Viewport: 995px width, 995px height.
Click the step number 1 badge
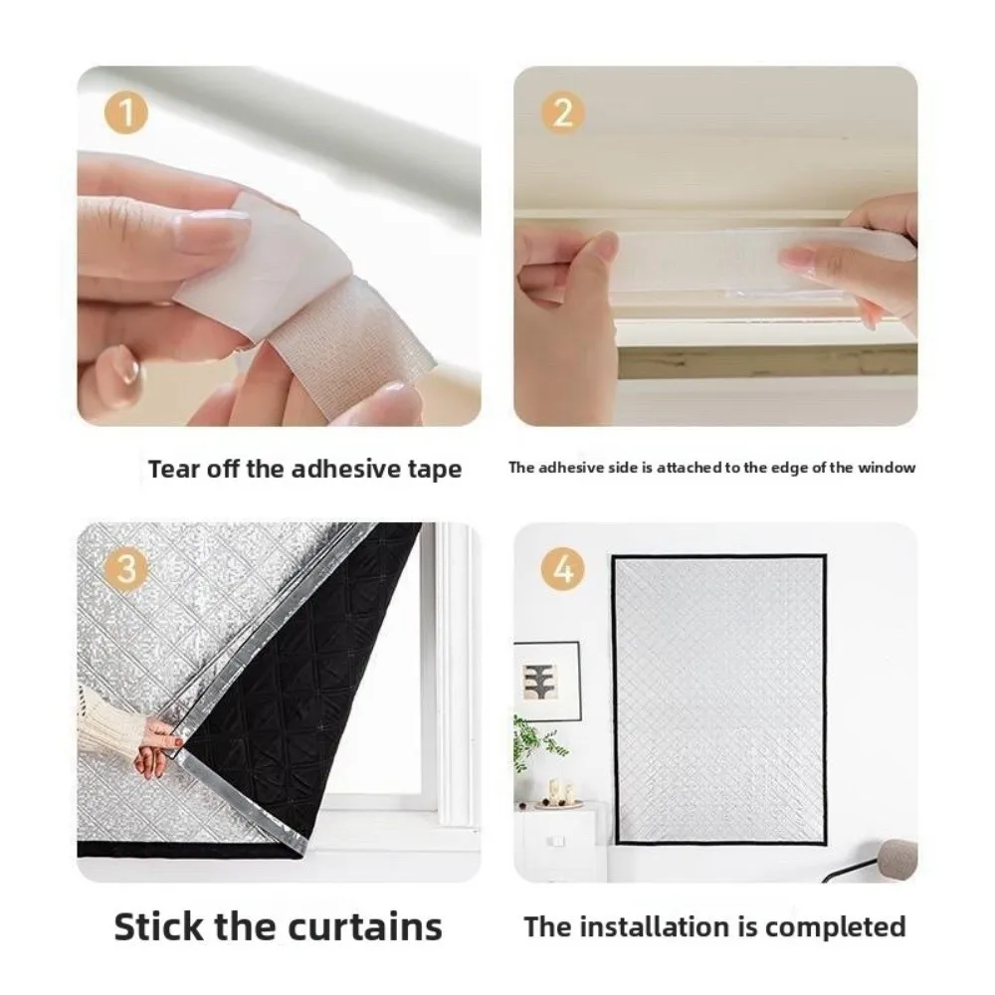pos(126,113)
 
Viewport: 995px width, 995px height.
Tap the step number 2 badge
pos(562,113)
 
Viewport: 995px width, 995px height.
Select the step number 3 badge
pos(126,570)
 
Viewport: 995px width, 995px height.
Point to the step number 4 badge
pos(562,570)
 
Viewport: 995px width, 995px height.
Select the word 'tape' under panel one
pos(433,469)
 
